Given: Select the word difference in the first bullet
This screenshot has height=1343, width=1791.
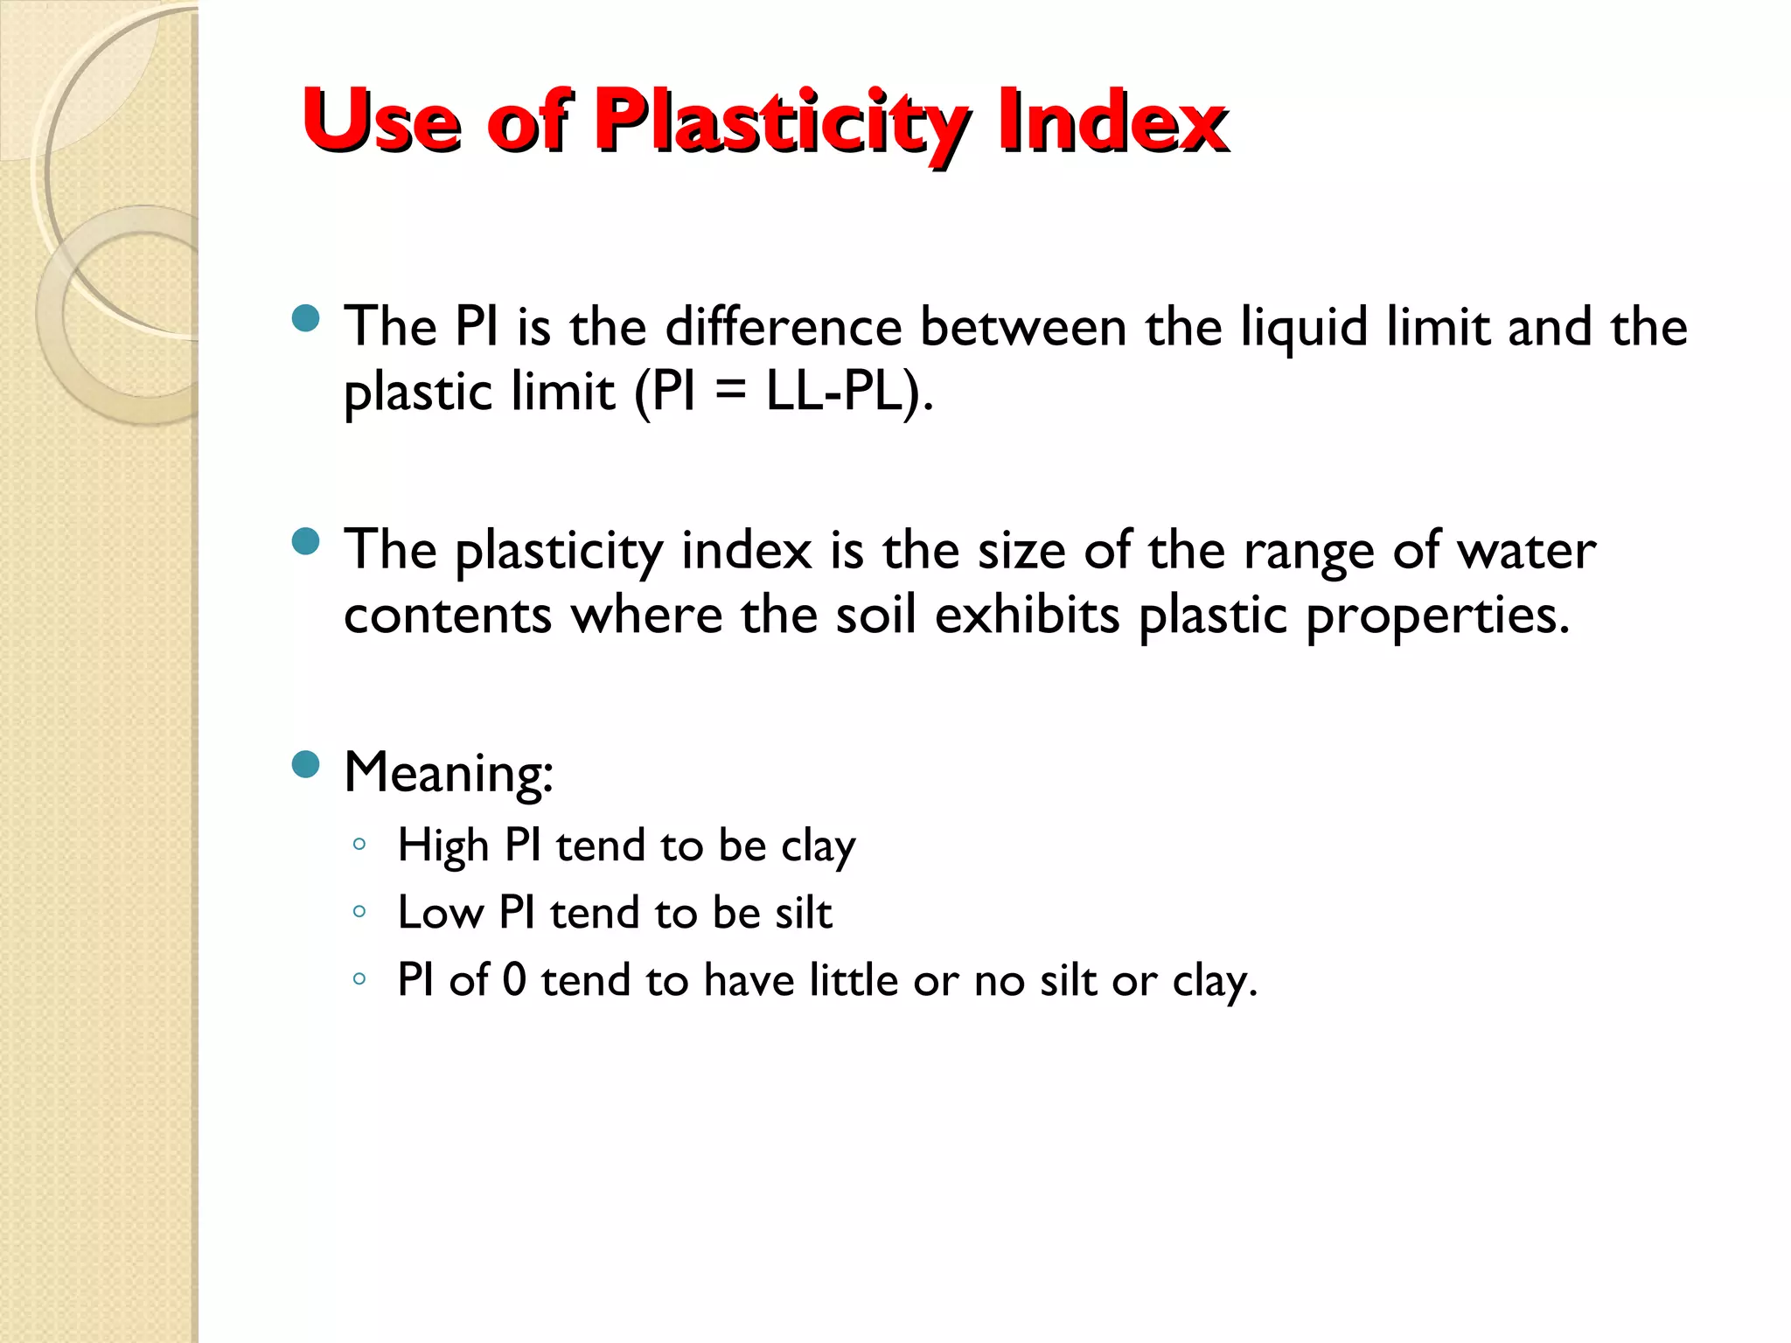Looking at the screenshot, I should (x=783, y=327).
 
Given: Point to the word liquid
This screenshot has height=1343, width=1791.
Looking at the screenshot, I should (x=1304, y=329).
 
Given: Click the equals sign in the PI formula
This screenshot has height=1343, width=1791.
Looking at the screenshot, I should (x=730, y=392).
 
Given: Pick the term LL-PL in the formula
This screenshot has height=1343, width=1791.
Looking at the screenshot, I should (x=846, y=391).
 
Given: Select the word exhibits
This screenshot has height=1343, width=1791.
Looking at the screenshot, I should (x=1027, y=615).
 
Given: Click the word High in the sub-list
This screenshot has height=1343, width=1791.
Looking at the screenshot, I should (x=443, y=846).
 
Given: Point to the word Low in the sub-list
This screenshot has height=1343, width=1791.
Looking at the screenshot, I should (x=440, y=913).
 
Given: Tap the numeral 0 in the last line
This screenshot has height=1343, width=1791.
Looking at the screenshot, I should (x=515, y=979).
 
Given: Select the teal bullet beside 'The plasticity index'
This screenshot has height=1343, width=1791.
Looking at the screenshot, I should (x=306, y=541).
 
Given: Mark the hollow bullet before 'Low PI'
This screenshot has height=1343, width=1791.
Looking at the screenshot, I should (x=359, y=911).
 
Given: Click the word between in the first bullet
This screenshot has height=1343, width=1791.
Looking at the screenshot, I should (x=1023, y=327).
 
